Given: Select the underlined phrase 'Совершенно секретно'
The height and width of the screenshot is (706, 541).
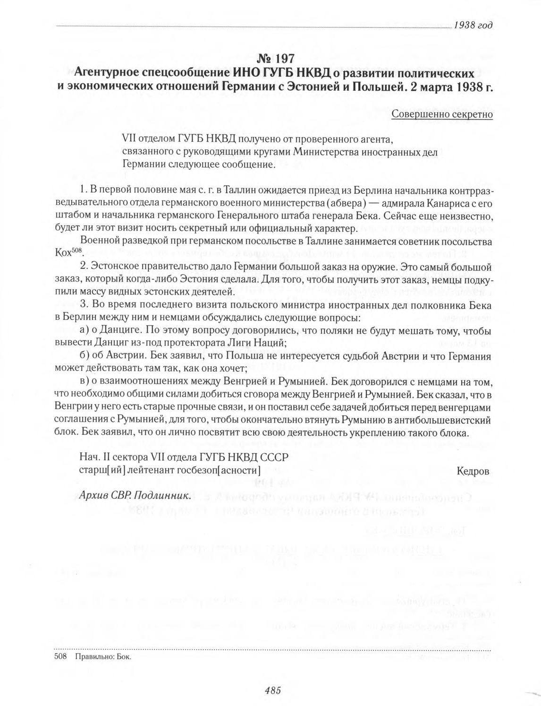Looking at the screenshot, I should [442, 114].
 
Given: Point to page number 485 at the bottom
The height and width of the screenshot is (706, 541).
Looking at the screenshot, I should [273, 690].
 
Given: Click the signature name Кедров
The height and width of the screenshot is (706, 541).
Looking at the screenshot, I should [473, 471].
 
